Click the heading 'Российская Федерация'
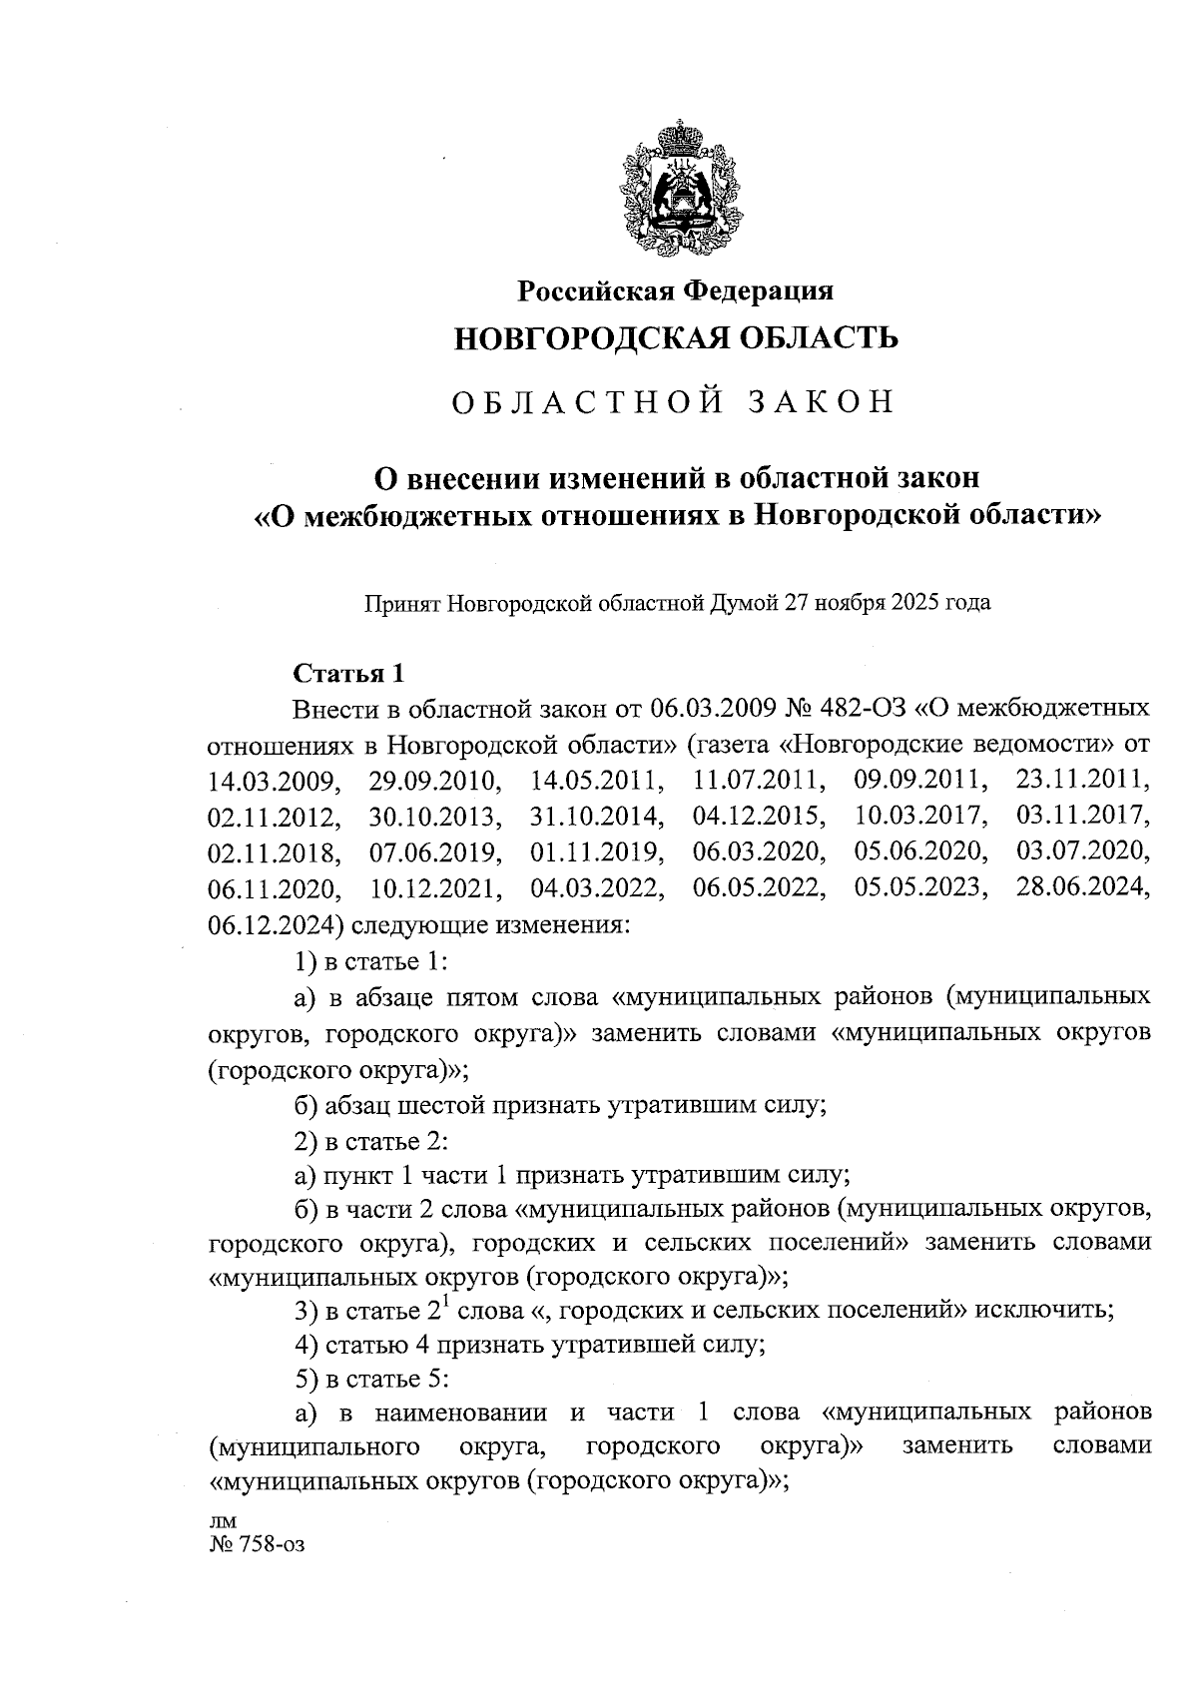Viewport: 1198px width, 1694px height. (x=675, y=290)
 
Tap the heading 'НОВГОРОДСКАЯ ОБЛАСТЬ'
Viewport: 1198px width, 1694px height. (x=676, y=339)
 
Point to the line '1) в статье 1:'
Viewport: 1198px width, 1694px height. (x=369, y=960)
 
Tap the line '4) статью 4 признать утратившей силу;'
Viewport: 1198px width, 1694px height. (x=530, y=1345)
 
